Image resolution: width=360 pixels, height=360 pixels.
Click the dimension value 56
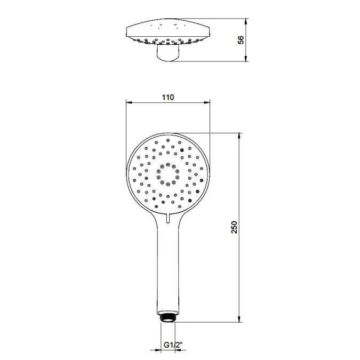click(x=241, y=41)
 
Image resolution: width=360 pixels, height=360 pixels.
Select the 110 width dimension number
click(x=167, y=97)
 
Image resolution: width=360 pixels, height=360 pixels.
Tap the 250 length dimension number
click(x=235, y=228)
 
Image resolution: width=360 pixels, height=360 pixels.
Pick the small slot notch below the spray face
click(x=168, y=217)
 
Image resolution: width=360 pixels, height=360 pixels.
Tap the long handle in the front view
click(x=168, y=267)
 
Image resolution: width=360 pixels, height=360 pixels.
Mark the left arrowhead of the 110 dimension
click(x=128, y=101)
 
